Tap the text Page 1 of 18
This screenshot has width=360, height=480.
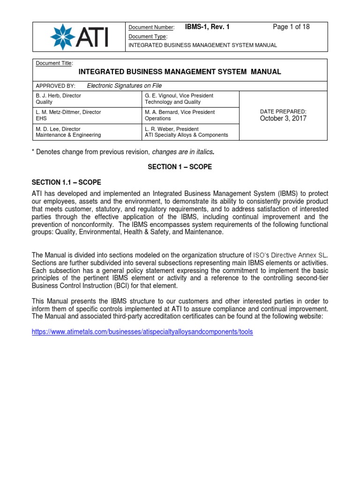[291, 27]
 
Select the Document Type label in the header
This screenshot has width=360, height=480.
[148, 36]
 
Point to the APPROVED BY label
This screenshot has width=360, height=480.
[52, 86]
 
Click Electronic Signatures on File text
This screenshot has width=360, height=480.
[124, 86]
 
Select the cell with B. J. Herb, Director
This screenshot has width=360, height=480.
[87, 98]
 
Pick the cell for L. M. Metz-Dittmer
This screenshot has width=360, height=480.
[87, 115]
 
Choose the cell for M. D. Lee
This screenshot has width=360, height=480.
[87, 132]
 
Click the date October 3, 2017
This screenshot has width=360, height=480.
[283, 119]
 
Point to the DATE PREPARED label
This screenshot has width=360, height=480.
[283, 111]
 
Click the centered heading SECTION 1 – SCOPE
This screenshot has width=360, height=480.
[180, 167]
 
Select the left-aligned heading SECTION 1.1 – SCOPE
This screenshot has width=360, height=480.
[66, 182]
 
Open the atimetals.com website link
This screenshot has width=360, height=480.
[142, 331]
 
